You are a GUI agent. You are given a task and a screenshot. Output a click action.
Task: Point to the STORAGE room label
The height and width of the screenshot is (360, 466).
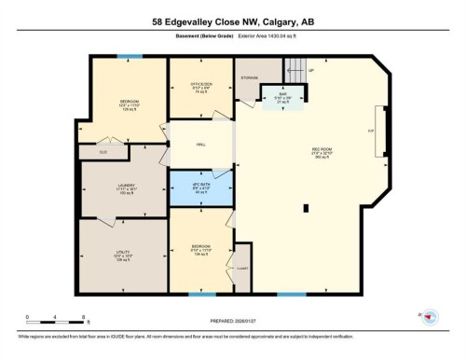point(249,77)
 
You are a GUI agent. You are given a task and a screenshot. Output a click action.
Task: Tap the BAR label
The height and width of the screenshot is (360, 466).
point(282,94)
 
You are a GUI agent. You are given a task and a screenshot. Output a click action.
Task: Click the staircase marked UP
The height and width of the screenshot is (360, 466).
point(296,68)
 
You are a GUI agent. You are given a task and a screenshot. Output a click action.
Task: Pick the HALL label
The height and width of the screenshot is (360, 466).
point(200,145)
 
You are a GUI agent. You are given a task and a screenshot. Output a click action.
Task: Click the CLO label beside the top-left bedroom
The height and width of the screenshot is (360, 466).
point(103,151)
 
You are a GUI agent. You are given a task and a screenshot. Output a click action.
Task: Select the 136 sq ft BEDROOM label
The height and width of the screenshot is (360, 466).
point(200,249)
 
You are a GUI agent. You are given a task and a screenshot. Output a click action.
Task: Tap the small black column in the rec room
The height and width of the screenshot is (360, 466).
point(304,209)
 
